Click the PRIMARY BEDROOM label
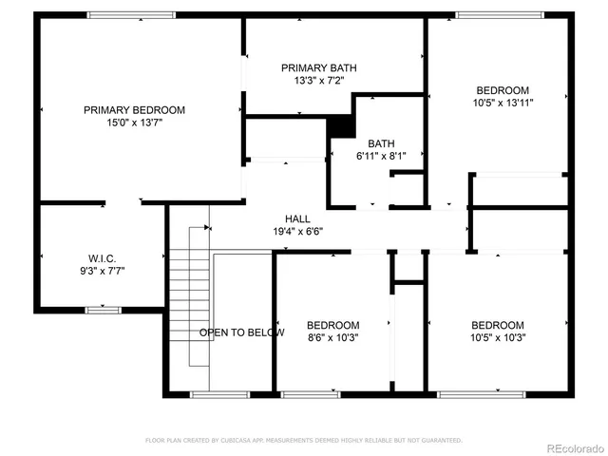pos(134,110)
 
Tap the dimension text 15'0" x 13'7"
pos(134,123)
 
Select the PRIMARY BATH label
pos(317,67)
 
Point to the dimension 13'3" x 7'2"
pos(317,80)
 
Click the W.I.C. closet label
pos(102,257)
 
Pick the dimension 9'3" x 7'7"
pos(102,271)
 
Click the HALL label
pos(284,218)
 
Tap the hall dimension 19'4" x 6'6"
pos(284,231)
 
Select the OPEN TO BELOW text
pos(241,332)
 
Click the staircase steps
pos(189,304)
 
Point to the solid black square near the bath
pos(340,125)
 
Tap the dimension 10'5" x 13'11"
pos(503,103)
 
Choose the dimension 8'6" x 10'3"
pos(333,337)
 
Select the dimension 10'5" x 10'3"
pos(498,337)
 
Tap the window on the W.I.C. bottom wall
pos(103,309)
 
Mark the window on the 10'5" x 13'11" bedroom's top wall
pos(500,14)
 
